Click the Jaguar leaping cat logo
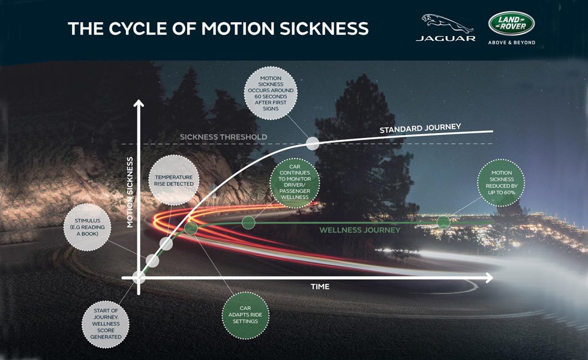pyautogui.click(x=445, y=23)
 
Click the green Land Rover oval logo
pyautogui.click(x=511, y=23)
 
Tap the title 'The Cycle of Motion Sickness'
pyautogui.click(x=217, y=28)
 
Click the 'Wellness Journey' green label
pyautogui.click(x=360, y=229)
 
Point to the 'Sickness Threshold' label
pyautogui.click(x=224, y=137)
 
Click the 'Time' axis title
pyautogui.click(x=320, y=287)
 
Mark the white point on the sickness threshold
pyautogui.click(x=313, y=143)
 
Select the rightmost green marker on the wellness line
pyautogui.click(x=443, y=222)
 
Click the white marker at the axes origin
pyautogui.click(x=139, y=277)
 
